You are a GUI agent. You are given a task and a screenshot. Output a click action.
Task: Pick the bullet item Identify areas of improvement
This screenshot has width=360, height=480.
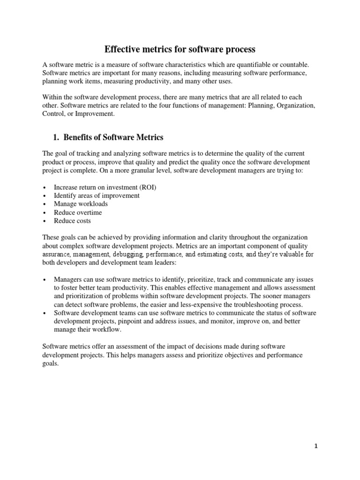pyautogui.click(x=97, y=195)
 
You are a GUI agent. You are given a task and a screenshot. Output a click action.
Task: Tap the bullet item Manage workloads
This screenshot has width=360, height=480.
pyautogui.click(x=81, y=204)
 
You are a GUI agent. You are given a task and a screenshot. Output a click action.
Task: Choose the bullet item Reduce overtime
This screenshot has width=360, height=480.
pyautogui.click(x=78, y=212)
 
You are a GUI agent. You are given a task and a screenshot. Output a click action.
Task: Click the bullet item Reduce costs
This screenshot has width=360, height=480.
pyautogui.click(x=72, y=221)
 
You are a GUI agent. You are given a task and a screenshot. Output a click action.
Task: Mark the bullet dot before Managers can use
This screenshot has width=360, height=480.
pyautogui.click(x=44, y=279)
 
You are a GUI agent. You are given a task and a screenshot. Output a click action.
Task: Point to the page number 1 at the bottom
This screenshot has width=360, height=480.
pyautogui.click(x=316, y=446)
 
